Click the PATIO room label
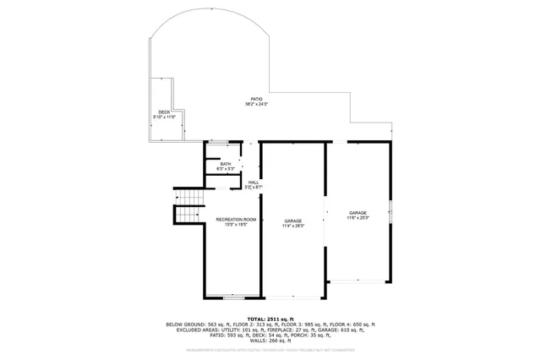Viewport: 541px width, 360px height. [x=256, y=98]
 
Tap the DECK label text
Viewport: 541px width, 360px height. [x=164, y=111]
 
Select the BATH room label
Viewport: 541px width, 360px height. [x=225, y=164]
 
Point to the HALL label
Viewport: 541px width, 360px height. [x=254, y=182]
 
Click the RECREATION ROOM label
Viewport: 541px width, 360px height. [x=229, y=219]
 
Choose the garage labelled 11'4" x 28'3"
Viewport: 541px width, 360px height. [x=292, y=221]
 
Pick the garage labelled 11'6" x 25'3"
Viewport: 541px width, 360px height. [x=358, y=213]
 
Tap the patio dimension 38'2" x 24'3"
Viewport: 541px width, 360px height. [x=256, y=104]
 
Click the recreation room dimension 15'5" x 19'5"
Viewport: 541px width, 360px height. [x=229, y=225]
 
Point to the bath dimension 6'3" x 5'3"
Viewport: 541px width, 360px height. [x=225, y=169]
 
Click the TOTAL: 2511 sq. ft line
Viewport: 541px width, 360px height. [x=270, y=318]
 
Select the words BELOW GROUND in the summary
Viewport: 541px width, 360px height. [x=184, y=325]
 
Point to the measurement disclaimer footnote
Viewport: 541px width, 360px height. [x=270, y=348]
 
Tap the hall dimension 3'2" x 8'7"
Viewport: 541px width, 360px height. [x=254, y=187]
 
